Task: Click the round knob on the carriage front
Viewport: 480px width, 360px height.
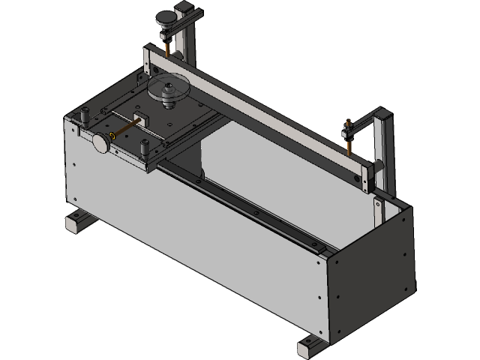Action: [x=100, y=142]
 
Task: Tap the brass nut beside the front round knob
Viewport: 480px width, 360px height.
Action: [x=112, y=136]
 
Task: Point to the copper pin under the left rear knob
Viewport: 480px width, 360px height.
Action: [x=166, y=47]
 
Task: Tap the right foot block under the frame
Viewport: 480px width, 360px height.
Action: [x=311, y=346]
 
